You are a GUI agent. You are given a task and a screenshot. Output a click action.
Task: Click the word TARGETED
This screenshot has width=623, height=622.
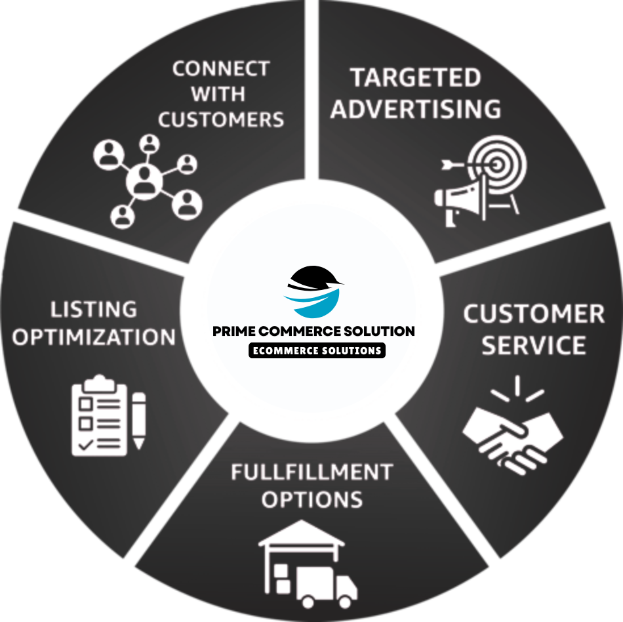415,77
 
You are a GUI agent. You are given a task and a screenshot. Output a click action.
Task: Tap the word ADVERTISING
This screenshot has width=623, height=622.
415,109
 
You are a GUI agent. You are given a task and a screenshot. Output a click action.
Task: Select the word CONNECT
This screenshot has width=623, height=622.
221,69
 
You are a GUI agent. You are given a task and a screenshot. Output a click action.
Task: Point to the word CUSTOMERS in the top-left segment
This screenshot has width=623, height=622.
221,119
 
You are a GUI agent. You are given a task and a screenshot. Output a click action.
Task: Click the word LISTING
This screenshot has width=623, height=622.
94,309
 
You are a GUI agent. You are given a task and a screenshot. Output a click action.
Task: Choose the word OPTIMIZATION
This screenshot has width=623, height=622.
94,337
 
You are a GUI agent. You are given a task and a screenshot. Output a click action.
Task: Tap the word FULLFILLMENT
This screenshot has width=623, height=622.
311,472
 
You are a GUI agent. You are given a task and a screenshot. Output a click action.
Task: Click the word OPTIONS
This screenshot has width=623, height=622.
311,499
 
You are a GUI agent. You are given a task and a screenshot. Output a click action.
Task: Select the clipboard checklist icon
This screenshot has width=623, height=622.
99,415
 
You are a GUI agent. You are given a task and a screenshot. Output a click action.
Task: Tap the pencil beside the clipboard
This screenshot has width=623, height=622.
138,420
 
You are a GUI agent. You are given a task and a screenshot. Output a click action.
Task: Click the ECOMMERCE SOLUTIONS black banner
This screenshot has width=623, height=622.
317,350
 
